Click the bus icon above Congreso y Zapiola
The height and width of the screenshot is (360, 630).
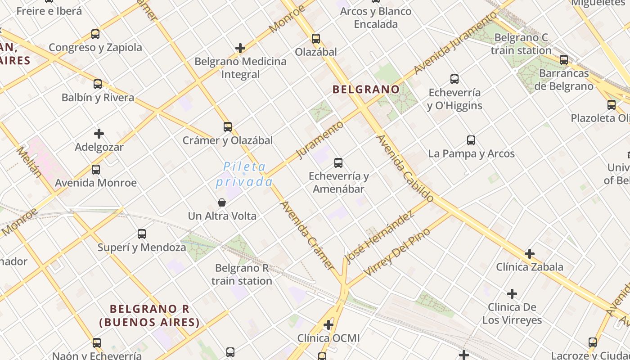pyautogui.click(x=95, y=34)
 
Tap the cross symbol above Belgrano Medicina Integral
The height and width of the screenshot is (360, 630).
pyautogui.click(x=240, y=48)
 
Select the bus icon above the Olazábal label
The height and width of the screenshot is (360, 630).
pyautogui.click(x=316, y=39)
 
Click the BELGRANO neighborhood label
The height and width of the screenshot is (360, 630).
pyautogui.click(x=366, y=89)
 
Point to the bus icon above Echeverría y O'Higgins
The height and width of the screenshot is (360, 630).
pyautogui.click(x=454, y=79)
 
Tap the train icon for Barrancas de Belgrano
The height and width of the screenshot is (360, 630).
pyautogui.click(x=564, y=59)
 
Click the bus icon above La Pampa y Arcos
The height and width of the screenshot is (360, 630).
pyautogui.click(x=471, y=140)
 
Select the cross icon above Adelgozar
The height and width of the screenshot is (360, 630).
pyautogui.click(x=99, y=134)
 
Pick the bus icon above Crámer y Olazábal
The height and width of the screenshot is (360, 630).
pyautogui.click(x=228, y=127)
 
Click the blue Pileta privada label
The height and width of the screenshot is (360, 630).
pyautogui.click(x=244, y=174)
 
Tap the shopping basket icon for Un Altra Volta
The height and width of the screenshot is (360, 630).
pyautogui.click(x=222, y=202)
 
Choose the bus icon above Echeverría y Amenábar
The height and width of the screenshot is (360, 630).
pyautogui.click(x=338, y=163)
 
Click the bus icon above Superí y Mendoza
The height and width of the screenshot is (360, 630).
pyautogui.click(x=142, y=234)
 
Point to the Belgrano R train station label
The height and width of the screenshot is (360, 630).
pyautogui.click(x=242, y=274)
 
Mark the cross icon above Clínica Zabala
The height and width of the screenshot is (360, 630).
pyautogui.click(x=530, y=254)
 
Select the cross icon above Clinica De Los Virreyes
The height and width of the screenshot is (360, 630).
pyautogui.click(x=512, y=294)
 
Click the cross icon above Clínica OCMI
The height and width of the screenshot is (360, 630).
pyautogui.click(x=328, y=325)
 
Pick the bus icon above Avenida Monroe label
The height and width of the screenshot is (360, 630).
pyautogui.click(x=96, y=170)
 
